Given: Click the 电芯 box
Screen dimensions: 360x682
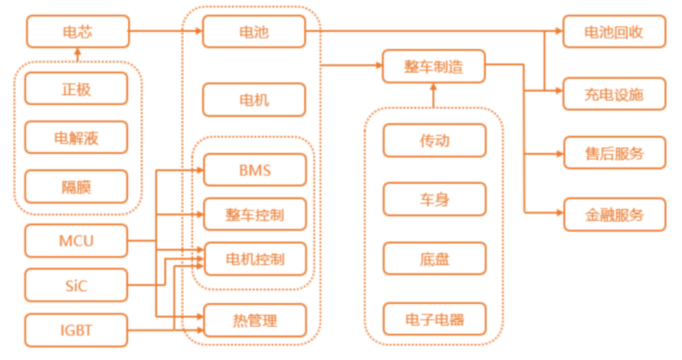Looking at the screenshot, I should click(x=78, y=32).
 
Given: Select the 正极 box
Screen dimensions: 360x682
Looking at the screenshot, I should click(x=76, y=88).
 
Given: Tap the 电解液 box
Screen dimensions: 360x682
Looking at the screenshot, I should click(x=76, y=138).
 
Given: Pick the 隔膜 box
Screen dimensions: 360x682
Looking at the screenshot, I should click(x=76, y=186).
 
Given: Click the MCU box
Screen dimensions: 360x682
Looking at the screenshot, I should click(x=76, y=241).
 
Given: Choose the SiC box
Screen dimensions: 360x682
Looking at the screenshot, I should click(x=76, y=285).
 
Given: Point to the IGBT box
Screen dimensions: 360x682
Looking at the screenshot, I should click(x=76, y=330).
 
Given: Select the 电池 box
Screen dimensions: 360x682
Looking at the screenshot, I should click(x=254, y=32).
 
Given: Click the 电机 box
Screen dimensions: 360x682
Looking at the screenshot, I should click(x=254, y=100).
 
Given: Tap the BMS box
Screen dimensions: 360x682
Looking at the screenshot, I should click(x=254, y=170).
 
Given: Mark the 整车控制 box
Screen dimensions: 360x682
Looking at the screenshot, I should click(x=254, y=215).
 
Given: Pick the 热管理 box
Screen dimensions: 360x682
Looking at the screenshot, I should click(x=254, y=321).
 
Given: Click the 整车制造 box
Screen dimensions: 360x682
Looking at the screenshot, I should click(x=433, y=66).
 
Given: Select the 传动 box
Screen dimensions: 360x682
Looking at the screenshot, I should click(x=434, y=140).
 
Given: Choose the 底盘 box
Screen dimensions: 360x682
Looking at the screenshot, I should click(x=434, y=259).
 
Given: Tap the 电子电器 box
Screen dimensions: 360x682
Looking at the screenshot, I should click(x=434, y=319).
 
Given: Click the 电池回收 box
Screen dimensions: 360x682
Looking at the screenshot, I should click(x=614, y=32).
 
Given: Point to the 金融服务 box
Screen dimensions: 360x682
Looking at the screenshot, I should click(x=614, y=215).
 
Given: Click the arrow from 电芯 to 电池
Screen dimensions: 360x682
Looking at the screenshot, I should click(x=165, y=32).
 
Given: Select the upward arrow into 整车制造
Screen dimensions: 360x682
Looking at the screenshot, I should click(x=433, y=95).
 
